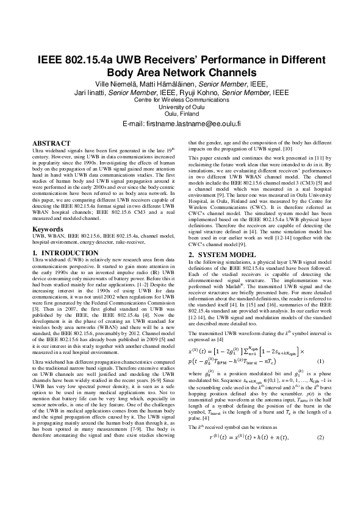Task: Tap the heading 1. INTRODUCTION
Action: (x=69, y=269)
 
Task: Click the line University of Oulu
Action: (x=181, y=107)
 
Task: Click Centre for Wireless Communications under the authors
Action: (x=181, y=99)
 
